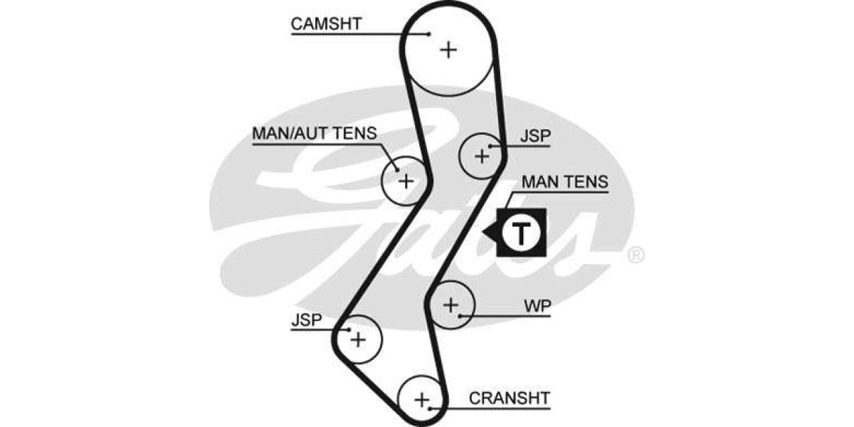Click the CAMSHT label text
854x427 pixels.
[326, 23]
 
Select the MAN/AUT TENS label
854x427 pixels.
[314, 134]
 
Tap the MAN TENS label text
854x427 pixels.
[565, 182]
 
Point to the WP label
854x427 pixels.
[537, 306]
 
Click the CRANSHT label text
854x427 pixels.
[509, 397]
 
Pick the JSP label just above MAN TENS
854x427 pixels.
[535, 136]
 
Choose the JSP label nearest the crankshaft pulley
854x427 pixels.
[307, 320]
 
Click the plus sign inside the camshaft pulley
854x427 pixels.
[448, 50]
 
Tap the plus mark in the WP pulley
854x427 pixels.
[450, 305]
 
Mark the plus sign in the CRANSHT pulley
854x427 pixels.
[422, 399]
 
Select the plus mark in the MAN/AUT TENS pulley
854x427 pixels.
[405, 181]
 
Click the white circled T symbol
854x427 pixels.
[522, 233]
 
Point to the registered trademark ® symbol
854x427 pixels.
[636, 255]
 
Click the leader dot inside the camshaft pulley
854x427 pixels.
[429, 33]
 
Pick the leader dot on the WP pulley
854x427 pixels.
[461, 315]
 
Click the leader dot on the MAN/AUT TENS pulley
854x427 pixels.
[396, 169]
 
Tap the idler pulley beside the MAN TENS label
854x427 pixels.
[482, 155]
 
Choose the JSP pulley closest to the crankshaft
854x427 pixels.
[358, 339]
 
